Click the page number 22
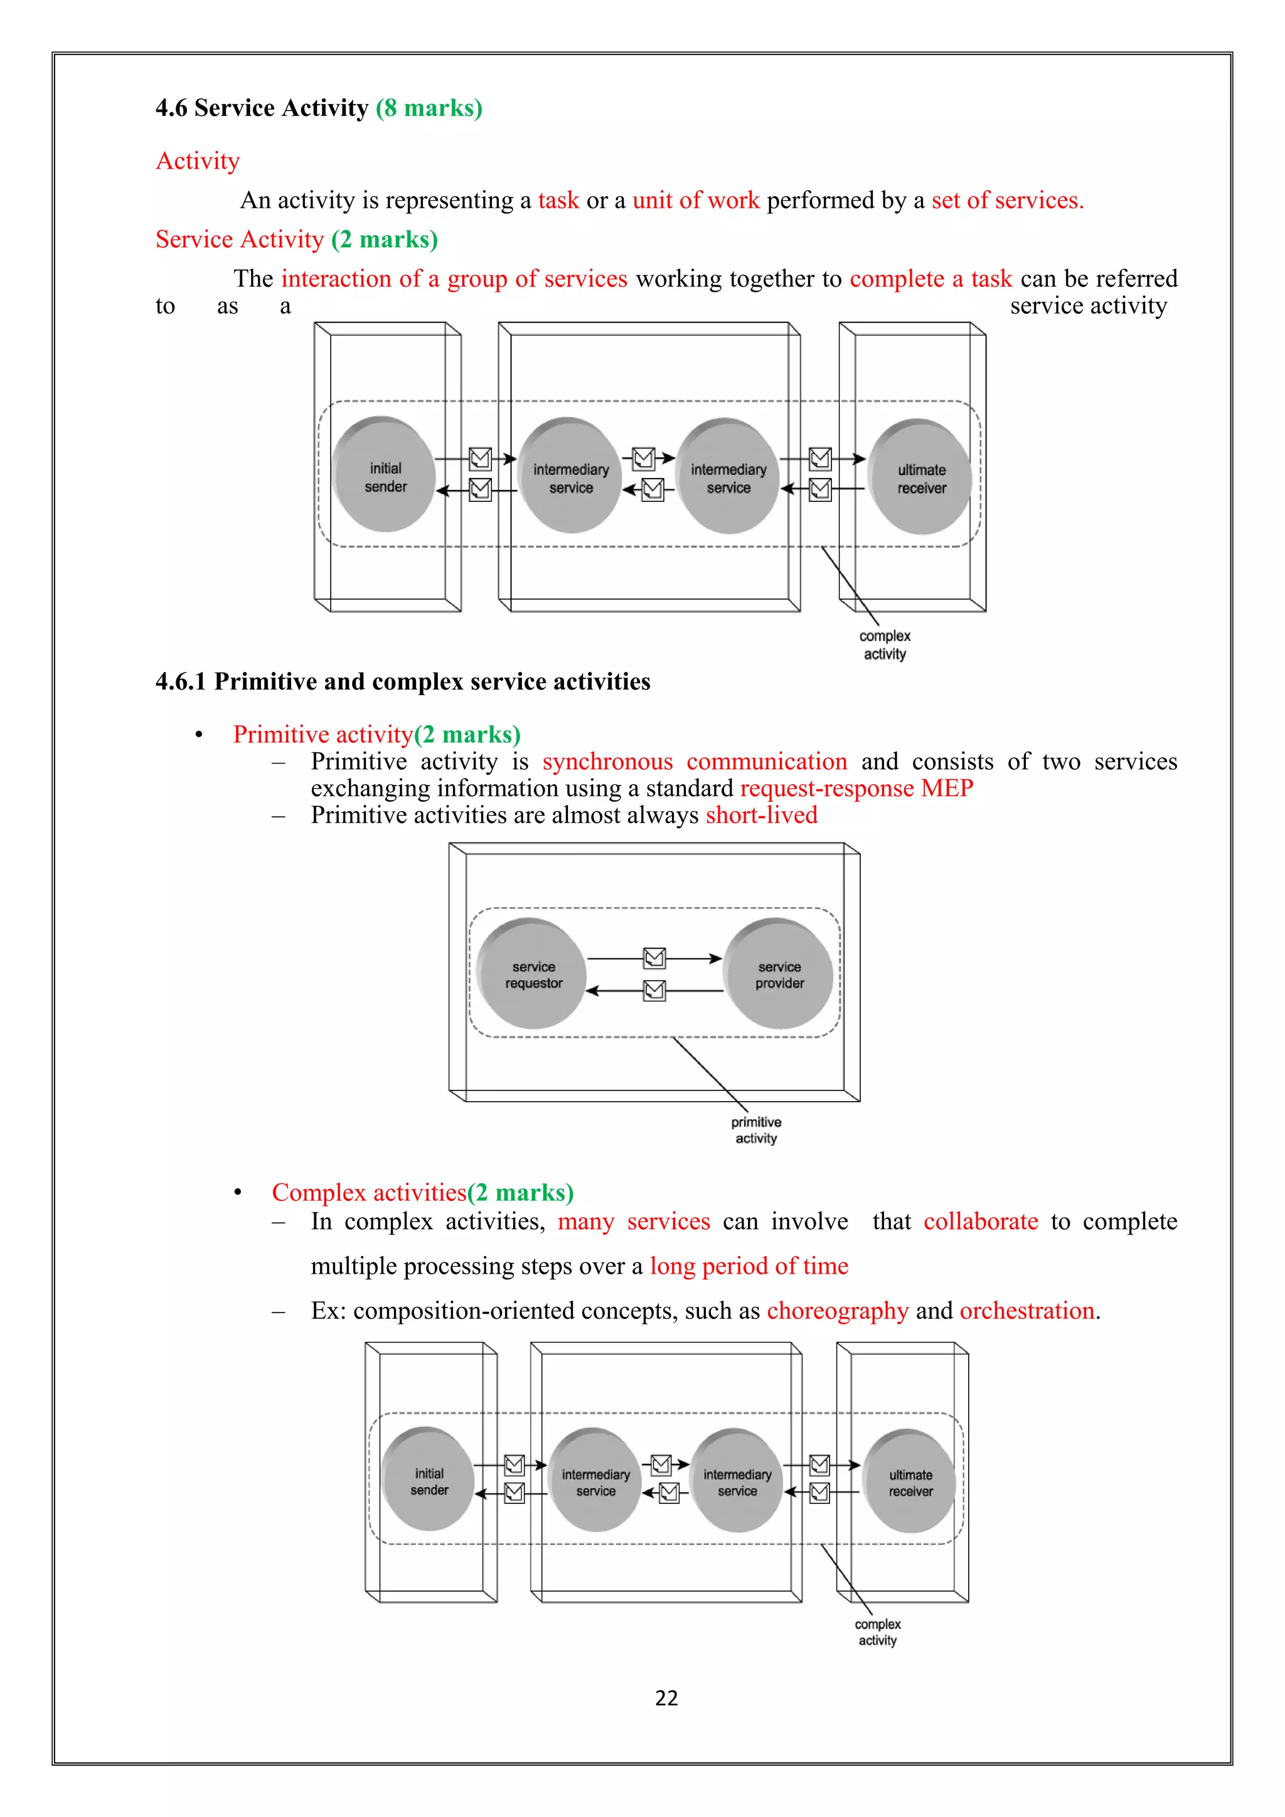[666, 1698]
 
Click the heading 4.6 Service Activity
[262, 108]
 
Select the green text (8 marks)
[429, 108]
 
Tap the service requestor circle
[533, 974]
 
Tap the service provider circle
[779, 974]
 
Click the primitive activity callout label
[755, 1130]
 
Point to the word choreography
[837, 1311]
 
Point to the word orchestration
[1027, 1311]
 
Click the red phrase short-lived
[761, 815]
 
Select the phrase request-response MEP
[856, 788]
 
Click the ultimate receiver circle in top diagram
[921, 478]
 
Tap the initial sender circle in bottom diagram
[429, 1481]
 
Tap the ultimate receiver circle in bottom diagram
[910, 1482]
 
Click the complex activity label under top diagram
[885, 645]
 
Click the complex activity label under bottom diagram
[878, 1632]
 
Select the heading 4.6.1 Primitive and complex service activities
[403, 681]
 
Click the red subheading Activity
[198, 161]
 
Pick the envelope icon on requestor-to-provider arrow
[654, 958]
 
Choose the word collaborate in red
[980, 1221]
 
